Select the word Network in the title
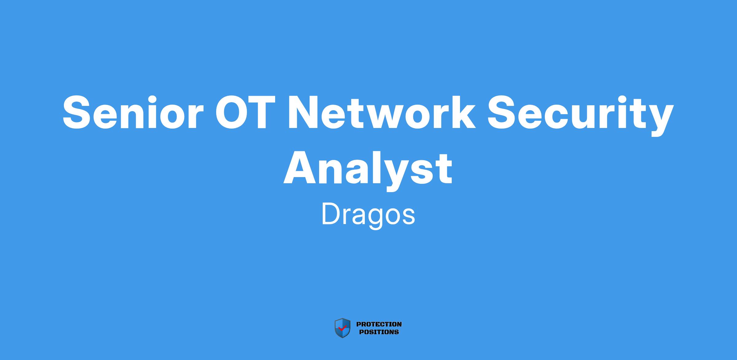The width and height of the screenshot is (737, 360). (x=381, y=112)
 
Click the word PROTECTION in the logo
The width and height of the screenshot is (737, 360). (x=379, y=324)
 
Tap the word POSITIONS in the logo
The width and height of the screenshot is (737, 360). (x=379, y=332)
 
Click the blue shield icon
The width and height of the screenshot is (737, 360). (x=342, y=328)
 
